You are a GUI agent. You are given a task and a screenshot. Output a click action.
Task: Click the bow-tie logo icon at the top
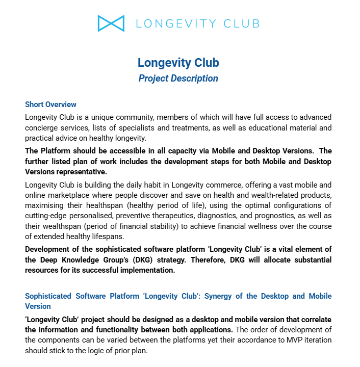point(111,23)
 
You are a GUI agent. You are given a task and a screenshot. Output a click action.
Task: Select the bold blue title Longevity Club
point(178,63)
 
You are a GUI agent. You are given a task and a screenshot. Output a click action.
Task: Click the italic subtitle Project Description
point(178,78)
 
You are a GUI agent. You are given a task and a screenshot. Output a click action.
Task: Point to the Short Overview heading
point(51,104)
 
